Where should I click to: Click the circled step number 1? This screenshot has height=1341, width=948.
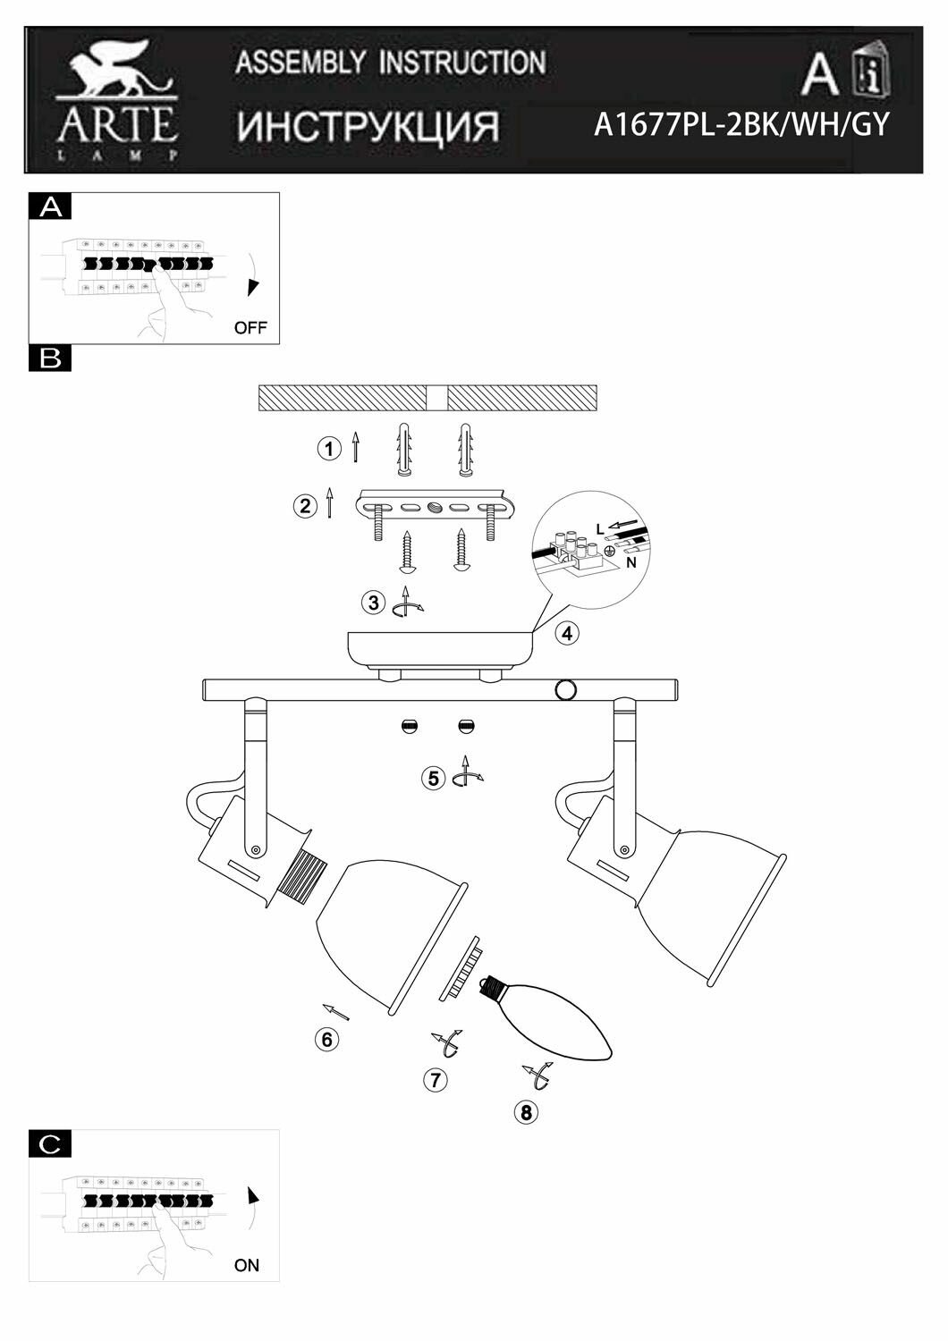(x=330, y=449)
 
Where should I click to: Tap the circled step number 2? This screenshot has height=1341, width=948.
(x=305, y=506)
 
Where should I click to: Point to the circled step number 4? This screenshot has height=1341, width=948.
(x=566, y=634)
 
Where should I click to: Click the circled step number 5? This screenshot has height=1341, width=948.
(x=434, y=778)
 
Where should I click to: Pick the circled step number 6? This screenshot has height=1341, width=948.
(x=326, y=1039)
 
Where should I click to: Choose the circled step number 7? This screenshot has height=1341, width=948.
(x=435, y=1079)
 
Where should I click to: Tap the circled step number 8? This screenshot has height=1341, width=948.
(x=526, y=1112)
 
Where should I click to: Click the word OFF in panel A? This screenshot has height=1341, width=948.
(x=250, y=327)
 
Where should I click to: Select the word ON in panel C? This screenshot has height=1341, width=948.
(x=247, y=1265)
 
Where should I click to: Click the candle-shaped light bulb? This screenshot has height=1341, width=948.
(x=553, y=1018)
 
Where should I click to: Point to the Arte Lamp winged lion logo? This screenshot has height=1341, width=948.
(x=116, y=75)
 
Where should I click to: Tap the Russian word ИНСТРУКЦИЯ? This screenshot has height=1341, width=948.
(x=368, y=127)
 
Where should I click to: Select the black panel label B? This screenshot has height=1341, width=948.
(x=51, y=358)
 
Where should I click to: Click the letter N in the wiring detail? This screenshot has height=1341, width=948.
(x=631, y=563)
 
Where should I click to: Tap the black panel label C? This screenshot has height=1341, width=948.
(x=51, y=1143)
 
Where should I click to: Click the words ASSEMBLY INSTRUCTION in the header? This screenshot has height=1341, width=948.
(x=390, y=63)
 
